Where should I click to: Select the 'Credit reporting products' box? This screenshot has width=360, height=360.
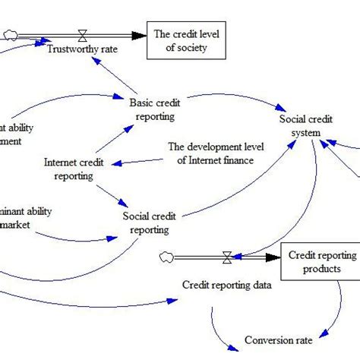tap(318, 261)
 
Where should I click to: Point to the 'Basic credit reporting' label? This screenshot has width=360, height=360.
tap(152, 109)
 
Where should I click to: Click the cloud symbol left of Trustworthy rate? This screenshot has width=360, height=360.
tap(11, 34)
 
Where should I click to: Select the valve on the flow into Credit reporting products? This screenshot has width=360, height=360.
tap(226, 258)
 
